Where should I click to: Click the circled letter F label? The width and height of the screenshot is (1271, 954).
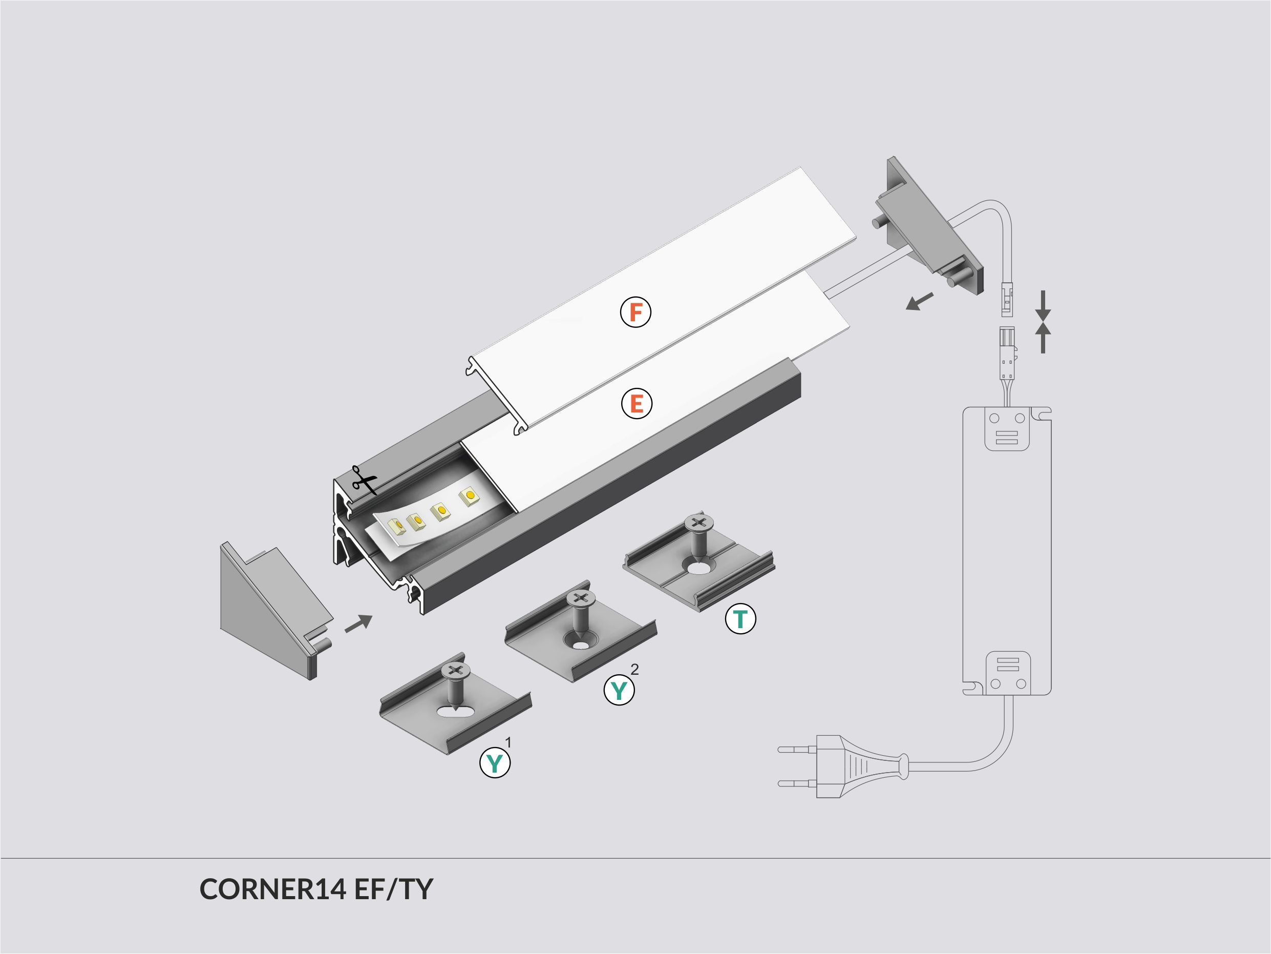pos(635,312)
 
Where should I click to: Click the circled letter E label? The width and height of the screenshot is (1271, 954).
pos(636,403)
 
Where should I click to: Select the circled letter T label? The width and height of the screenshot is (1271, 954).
pos(740,619)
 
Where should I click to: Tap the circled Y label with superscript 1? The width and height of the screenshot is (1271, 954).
pos(495,763)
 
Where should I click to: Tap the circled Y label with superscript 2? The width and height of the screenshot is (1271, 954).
pos(619,690)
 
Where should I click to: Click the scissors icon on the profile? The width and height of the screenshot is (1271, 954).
pos(364,481)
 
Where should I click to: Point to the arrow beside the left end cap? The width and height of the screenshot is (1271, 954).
pos(358,624)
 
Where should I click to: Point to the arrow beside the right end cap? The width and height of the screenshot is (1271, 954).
pos(919,301)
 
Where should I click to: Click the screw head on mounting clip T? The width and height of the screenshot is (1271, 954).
pos(698,523)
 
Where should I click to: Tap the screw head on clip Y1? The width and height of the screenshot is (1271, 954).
pos(455,670)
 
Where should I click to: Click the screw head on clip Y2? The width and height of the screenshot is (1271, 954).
pos(580,598)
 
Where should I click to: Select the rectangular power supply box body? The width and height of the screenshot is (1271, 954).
pos(1007,552)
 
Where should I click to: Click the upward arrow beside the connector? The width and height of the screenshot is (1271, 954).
pos(1043,338)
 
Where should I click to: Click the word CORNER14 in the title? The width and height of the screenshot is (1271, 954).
pos(272,889)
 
